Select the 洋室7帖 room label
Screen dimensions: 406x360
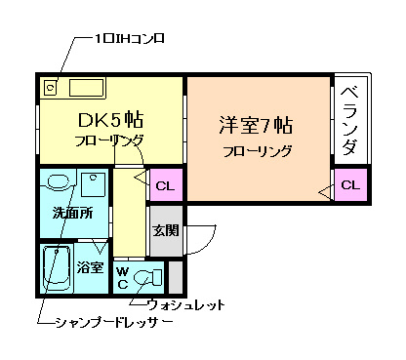coord(257,126)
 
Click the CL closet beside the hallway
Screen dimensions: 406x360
coord(163,183)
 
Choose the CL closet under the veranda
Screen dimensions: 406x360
coord(348,183)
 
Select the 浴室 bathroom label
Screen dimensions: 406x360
coord(91,266)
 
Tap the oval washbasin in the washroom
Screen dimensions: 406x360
coord(58,182)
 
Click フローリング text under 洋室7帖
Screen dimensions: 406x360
coord(257,152)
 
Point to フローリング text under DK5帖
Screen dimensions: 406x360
coord(108,142)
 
